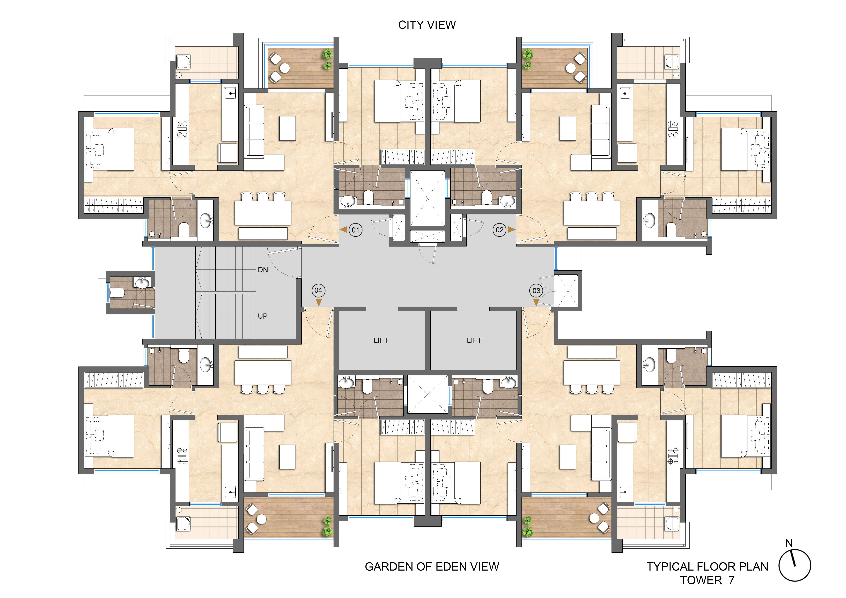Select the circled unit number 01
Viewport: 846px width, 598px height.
click(x=355, y=230)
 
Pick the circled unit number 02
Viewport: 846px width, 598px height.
click(x=499, y=230)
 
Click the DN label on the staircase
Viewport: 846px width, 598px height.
click(x=263, y=270)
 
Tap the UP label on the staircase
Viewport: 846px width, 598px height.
click(x=263, y=316)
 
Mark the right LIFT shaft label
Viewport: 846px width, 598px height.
click(x=474, y=340)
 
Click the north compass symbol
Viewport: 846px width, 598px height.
click(x=794, y=565)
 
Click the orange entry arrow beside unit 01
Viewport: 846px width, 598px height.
click(x=343, y=230)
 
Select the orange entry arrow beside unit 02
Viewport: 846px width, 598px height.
click(x=511, y=230)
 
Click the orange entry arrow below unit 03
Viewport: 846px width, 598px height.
click(x=536, y=302)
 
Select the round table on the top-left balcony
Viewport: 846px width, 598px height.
click(x=284, y=68)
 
